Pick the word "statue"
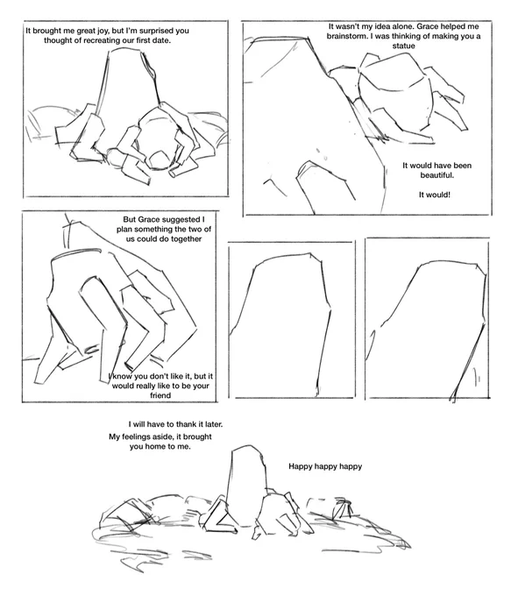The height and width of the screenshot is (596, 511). click(x=403, y=46)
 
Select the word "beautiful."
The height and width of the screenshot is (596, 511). click(x=437, y=175)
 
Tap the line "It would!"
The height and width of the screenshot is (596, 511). click(x=435, y=195)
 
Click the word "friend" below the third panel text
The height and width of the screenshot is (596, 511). click(x=160, y=395)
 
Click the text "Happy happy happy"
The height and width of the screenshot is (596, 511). click(x=325, y=466)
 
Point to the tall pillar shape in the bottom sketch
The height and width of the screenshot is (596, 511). click(x=246, y=486)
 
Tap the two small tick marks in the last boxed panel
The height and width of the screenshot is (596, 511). click(x=477, y=377)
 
